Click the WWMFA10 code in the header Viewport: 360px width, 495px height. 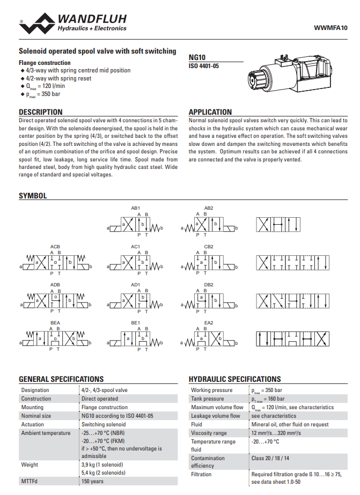(x=330, y=28)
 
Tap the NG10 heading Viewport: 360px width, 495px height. (x=197, y=57)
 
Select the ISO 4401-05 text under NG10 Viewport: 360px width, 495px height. (x=204, y=66)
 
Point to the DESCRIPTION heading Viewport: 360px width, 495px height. (x=41, y=112)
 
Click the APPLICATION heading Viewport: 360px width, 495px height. (x=210, y=112)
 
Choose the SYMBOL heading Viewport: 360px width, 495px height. (x=33, y=196)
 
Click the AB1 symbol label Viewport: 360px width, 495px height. (x=135, y=208)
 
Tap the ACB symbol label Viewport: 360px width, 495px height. (x=55, y=247)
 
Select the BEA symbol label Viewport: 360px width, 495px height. (x=55, y=323)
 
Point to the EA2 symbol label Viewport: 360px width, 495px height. (x=209, y=323)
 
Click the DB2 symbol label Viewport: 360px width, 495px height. (x=209, y=285)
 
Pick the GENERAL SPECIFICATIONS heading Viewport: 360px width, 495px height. (x=61, y=379)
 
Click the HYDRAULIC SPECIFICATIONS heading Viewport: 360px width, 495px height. (x=234, y=379)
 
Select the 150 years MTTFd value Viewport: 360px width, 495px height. (x=93, y=481)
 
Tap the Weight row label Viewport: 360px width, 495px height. (x=30, y=464)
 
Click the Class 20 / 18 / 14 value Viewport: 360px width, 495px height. (x=270, y=458)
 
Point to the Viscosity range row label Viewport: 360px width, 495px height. (x=209, y=433)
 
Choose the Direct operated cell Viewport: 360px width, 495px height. (x=100, y=398)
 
